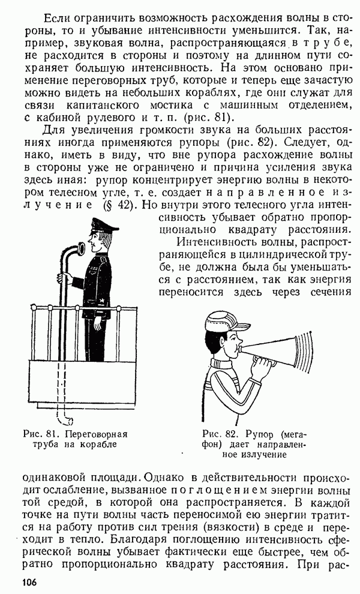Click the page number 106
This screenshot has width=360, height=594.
[29, 582]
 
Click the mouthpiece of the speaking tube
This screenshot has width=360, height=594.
[81, 248]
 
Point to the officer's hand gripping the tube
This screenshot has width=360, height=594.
[64, 277]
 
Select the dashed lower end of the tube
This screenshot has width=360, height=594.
[62, 394]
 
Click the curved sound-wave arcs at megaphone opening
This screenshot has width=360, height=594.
[304, 350]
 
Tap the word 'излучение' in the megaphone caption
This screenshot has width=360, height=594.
[254, 454]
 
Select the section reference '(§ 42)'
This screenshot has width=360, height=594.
[118, 205]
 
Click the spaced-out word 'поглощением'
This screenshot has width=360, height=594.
[219, 491]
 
